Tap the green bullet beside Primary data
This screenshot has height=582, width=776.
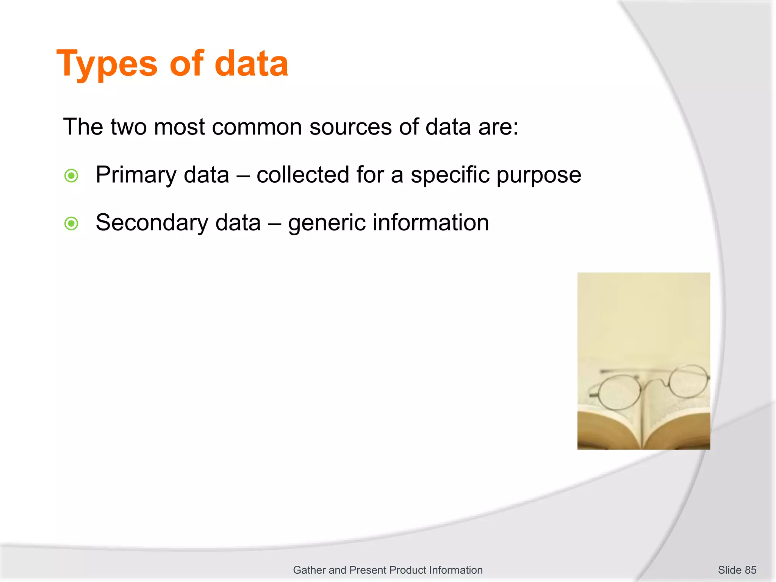[71, 176]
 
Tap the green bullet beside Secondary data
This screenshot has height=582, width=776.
[71, 224]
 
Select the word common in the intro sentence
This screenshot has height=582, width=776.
[257, 127]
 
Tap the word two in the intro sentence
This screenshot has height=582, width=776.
[128, 127]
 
